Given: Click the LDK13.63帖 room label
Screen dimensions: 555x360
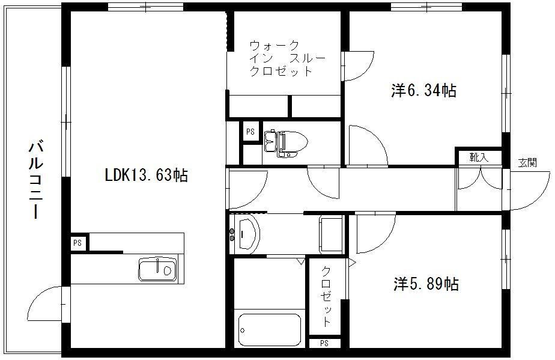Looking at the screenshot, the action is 146,175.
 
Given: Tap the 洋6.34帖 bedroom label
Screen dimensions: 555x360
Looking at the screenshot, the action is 423,91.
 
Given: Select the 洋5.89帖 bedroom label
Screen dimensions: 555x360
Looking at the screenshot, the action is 426,284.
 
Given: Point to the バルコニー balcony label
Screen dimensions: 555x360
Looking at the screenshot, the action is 36,180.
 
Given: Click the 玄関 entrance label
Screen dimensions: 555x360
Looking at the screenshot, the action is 527,163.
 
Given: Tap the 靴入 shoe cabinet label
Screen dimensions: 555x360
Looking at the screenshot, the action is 479,157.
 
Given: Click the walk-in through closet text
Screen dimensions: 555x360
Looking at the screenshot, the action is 287,58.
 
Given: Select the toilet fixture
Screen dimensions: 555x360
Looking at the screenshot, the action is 286,144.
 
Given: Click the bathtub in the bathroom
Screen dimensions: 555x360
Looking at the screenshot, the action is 270,330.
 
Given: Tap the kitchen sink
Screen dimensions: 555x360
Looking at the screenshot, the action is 157,269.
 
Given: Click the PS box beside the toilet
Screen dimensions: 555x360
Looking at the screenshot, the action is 250,132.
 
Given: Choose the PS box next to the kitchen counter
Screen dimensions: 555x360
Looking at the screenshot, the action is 77,243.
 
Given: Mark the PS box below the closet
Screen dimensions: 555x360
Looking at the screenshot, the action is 324,343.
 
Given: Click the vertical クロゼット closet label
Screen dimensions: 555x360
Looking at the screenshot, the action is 326,296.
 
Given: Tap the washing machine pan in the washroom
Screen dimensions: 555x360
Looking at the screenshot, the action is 332,234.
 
